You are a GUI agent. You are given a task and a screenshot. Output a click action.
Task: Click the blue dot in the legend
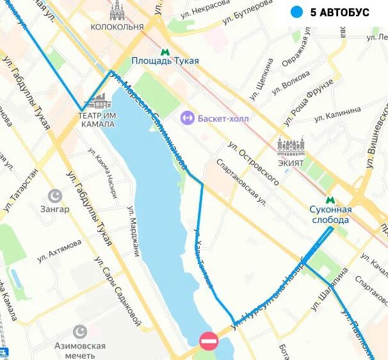pos(296,12)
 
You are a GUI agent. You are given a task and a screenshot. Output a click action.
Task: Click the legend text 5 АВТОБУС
pos(340,12)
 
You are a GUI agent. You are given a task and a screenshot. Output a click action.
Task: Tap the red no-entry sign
pos(209,341)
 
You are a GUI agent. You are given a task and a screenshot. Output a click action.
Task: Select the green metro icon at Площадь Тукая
pos(165,51)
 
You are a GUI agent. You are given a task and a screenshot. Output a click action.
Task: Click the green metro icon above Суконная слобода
pos(330,200)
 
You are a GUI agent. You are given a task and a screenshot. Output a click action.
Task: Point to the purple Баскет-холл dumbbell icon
pos(187,118)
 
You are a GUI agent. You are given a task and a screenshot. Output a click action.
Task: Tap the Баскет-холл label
pos(223,119)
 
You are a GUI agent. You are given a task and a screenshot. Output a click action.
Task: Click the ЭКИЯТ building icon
pos(291,145)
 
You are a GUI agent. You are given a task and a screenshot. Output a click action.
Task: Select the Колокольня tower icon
pos(117,10)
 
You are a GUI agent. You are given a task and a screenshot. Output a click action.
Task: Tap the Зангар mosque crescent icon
pos(56,195)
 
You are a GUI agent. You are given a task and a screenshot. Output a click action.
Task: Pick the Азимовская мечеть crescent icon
pos(80,331)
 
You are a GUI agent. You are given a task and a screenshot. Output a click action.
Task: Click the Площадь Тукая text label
pos(165,61)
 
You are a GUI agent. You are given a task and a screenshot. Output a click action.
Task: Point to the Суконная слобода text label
pos(330,215)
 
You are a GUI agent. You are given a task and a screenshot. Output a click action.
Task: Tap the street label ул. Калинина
pos(338,115)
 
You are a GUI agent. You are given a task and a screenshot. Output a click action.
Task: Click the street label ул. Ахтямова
pos(60,250)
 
